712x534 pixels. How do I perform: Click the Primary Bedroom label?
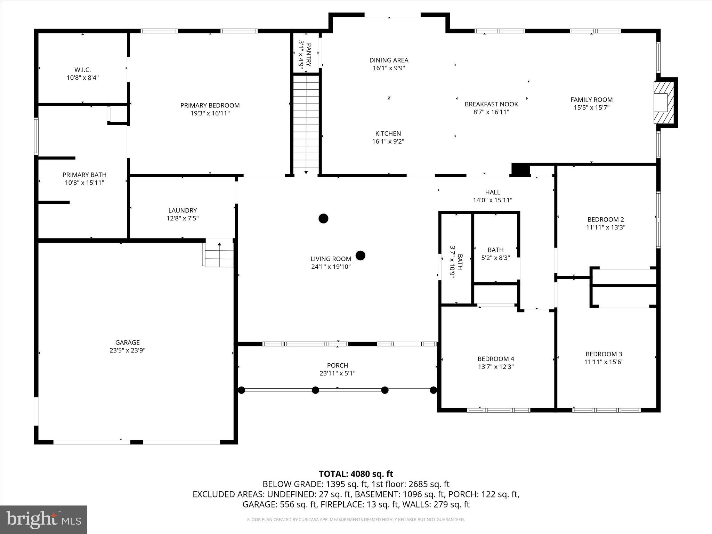pos(210,105)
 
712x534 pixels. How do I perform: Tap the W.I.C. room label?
pos(83,70)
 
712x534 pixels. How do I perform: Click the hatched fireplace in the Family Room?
pos(664,103)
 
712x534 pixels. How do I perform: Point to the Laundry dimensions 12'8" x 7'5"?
pos(183,218)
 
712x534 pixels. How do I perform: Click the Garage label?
pos(128,342)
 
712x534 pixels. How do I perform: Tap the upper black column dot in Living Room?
pos(324,218)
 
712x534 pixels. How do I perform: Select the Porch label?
pos(338,365)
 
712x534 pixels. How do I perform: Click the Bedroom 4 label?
pos(496,359)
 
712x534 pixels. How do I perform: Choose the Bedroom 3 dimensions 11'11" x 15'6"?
pos(604,362)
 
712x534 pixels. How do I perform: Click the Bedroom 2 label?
pos(606,219)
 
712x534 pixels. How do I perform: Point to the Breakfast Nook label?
pos(491,104)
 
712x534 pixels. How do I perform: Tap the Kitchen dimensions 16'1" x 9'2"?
pos(388,141)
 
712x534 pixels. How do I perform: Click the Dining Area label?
pos(389,60)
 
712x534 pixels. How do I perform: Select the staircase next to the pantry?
pos(306,125)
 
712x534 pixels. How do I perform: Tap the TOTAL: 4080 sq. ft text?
pos(356,474)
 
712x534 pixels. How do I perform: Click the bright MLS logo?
pos(43,519)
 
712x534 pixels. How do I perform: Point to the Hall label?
pos(493,192)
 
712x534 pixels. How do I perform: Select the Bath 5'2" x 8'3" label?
pos(495,250)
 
